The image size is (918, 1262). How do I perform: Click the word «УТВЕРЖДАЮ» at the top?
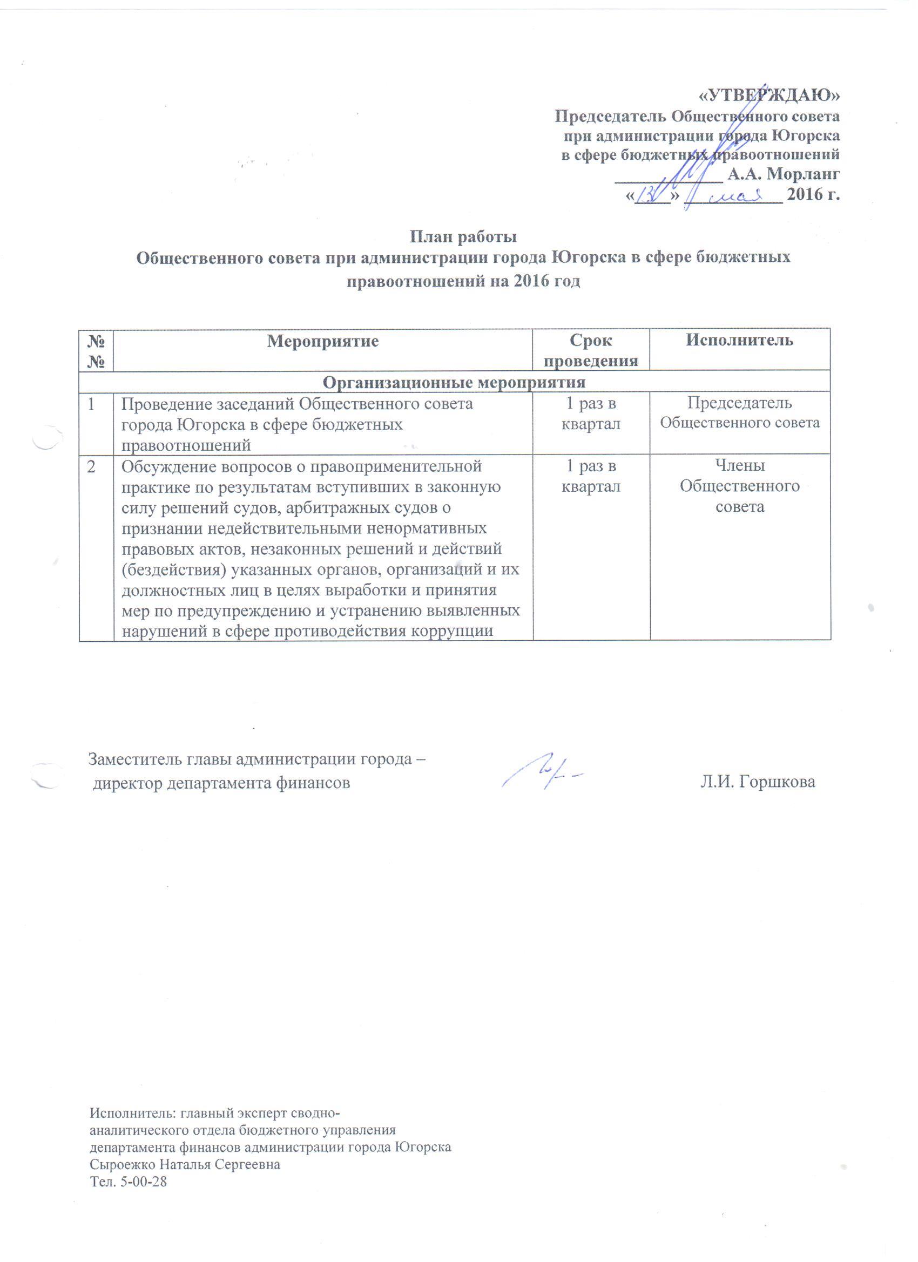click(x=770, y=96)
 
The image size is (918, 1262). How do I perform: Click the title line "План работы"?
click(x=463, y=236)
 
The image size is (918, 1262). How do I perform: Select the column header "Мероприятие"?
click(x=323, y=341)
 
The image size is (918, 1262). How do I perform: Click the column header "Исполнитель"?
click(x=740, y=340)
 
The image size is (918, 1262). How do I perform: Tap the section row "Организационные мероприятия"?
click(x=454, y=382)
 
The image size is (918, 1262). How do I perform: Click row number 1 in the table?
click(x=90, y=403)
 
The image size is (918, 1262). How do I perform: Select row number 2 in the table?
click(x=90, y=466)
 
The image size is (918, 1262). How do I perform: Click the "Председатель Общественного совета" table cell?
click(x=740, y=412)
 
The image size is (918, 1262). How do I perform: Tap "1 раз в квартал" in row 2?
click(x=591, y=476)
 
